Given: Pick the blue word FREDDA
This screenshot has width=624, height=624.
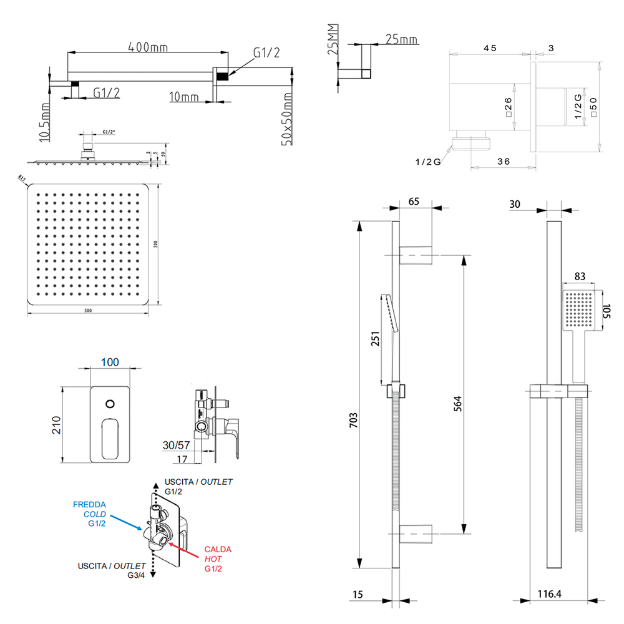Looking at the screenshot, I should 89,504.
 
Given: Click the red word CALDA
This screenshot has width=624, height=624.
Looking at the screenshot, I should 218,549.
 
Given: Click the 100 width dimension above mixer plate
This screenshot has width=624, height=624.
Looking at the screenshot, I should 109,363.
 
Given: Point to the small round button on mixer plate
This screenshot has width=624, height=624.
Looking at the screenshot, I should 110,403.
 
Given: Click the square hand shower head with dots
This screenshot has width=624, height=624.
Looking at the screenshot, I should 578,311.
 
